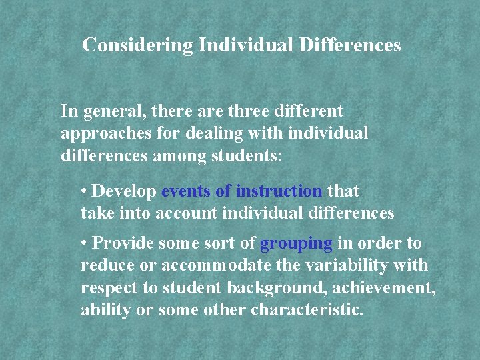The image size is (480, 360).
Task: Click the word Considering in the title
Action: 137,45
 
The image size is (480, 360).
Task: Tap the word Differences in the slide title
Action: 350,45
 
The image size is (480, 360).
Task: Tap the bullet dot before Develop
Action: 84,191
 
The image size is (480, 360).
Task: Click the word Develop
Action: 125,191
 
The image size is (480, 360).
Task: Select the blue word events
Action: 186,191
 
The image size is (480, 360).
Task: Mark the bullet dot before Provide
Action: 84,243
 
